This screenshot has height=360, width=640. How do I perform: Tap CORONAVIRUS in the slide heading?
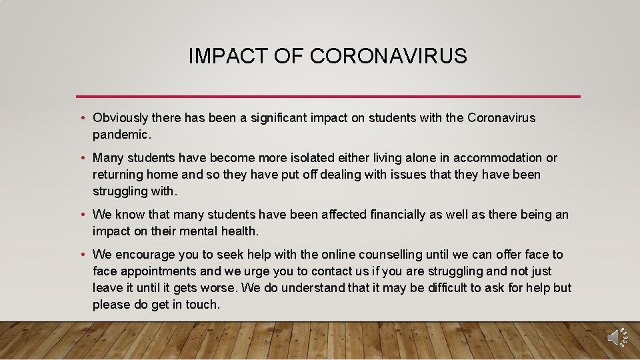click(x=388, y=57)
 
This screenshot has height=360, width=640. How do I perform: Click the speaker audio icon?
click(x=617, y=337)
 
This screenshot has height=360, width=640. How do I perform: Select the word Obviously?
click(x=121, y=118)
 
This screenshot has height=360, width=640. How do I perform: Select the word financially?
click(x=389, y=215)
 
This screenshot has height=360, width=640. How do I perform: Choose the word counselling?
click(x=390, y=255)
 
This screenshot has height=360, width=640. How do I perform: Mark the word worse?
click(x=221, y=288)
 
